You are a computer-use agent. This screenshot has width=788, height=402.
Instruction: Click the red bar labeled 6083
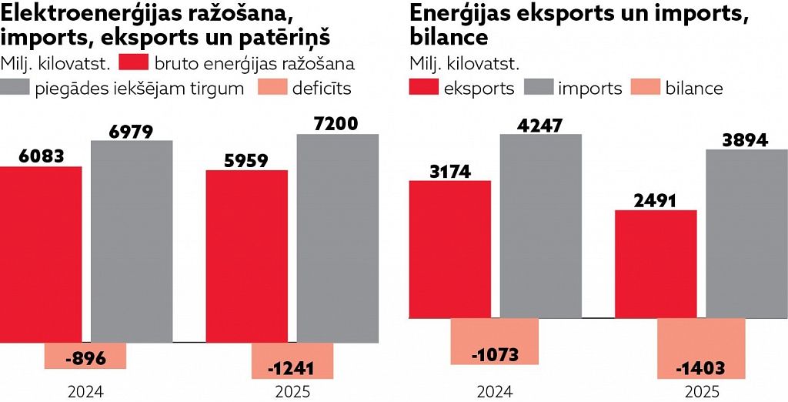[41, 254]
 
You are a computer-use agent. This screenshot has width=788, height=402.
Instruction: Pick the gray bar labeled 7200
[338, 238]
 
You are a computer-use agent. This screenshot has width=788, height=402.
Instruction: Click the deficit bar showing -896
[85, 357]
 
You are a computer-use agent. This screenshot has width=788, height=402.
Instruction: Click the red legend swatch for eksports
[423, 88]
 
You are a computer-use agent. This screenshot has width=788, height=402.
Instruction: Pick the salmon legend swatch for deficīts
[272, 88]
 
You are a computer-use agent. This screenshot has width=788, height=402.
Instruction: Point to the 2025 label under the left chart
[292, 392]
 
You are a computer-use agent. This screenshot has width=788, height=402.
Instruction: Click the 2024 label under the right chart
[495, 392]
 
